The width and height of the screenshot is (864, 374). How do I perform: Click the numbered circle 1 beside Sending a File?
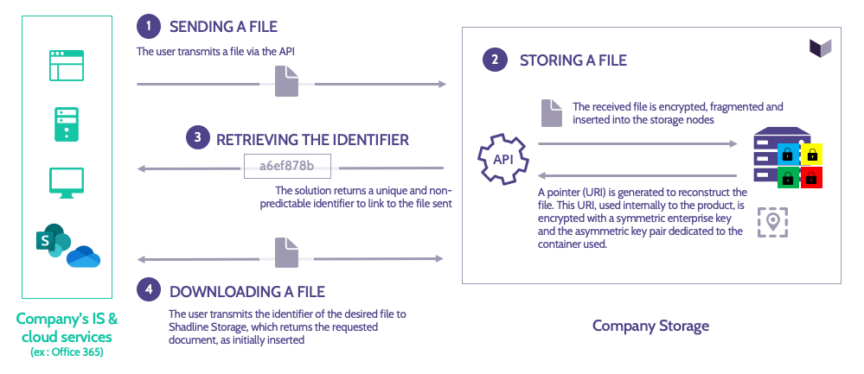(x=150, y=28)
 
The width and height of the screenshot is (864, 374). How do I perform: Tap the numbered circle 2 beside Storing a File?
(x=494, y=60)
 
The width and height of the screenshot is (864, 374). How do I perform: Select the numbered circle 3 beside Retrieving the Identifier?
(x=198, y=138)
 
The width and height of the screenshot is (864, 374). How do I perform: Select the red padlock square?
(x=812, y=177)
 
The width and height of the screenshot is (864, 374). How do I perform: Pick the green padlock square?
(x=789, y=177)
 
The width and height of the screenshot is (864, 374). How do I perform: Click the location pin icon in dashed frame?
(x=772, y=222)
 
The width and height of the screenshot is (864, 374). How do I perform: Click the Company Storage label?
(x=650, y=326)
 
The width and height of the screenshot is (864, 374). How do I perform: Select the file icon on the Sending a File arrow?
(x=286, y=83)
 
